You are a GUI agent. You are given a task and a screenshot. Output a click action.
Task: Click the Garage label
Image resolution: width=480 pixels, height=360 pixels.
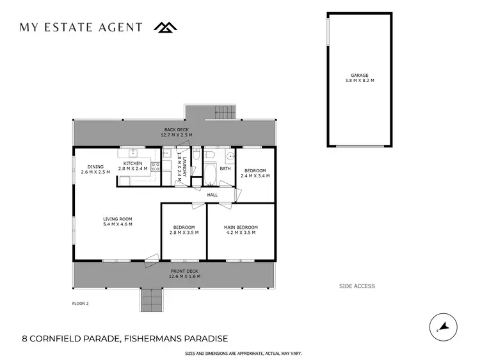359,76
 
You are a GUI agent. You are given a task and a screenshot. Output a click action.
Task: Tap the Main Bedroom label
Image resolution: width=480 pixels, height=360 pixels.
241,227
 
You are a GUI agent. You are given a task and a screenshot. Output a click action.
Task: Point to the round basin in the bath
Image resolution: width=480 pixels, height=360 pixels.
229,156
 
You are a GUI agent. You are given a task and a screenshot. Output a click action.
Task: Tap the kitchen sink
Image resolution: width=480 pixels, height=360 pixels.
133,153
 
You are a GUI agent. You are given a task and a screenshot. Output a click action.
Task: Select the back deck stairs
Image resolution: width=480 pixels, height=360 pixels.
223,111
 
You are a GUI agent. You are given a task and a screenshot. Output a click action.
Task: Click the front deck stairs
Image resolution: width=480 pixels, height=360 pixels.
150,299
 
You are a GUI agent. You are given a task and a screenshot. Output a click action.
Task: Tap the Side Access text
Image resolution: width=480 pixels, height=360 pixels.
357,286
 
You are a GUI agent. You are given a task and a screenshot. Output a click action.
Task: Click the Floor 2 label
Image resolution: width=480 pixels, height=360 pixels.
81,303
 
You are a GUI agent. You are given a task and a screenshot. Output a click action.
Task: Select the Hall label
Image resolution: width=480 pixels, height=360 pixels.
212,195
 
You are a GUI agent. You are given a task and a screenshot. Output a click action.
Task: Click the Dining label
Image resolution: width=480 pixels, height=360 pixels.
95,167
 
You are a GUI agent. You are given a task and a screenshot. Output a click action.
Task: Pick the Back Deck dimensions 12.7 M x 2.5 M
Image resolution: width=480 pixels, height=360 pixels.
175,135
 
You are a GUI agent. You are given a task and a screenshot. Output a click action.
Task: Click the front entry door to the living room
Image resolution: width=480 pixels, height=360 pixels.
151,260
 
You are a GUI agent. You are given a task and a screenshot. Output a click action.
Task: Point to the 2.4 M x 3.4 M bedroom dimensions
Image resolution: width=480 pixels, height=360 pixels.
255,176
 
